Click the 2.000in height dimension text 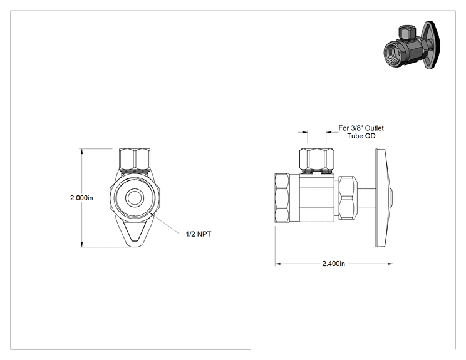(x=81, y=198)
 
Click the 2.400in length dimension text (x=333, y=264)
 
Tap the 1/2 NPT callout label (x=199, y=234)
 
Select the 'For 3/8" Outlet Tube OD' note (x=361, y=132)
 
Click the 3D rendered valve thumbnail (x=412, y=45)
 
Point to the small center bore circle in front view (x=135, y=198)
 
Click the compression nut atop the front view (x=134, y=160)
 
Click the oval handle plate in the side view (x=383, y=198)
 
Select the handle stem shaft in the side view (x=366, y=198)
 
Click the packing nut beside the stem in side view (x=348, y=198)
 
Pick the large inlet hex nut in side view (x=282, y=198)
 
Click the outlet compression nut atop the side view (x=317, y=160)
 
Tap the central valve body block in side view (x=317, y=198)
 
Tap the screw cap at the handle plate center (x=391, y=198)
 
